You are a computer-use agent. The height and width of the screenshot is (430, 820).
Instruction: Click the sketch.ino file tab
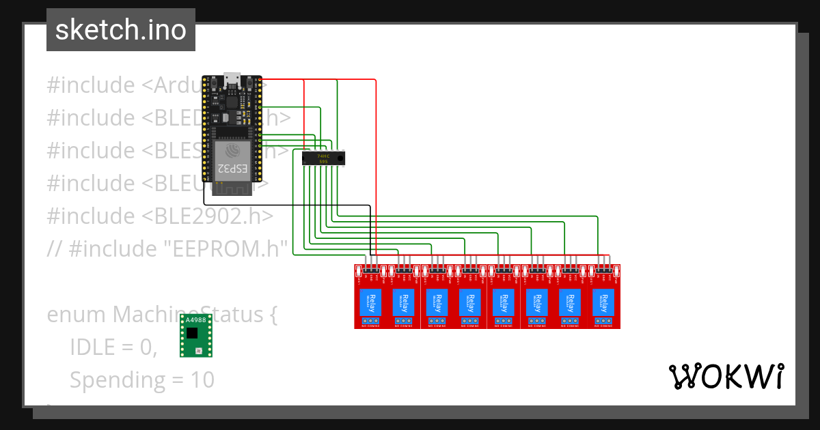click(120, 30)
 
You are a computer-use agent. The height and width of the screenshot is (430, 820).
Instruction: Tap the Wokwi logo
click(726, 376)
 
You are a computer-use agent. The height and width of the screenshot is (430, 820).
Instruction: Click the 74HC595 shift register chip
click(323, 158)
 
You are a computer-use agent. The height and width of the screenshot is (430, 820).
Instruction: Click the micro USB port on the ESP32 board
click(232, 81)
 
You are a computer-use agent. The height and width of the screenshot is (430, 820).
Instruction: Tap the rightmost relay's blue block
click(603, 302)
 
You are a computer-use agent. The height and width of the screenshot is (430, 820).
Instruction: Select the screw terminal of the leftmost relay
click(371, 321)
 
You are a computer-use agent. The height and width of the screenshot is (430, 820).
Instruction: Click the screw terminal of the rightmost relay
click(603, 321)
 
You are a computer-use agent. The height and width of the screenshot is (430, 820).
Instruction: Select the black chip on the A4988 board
click(193, 332)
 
